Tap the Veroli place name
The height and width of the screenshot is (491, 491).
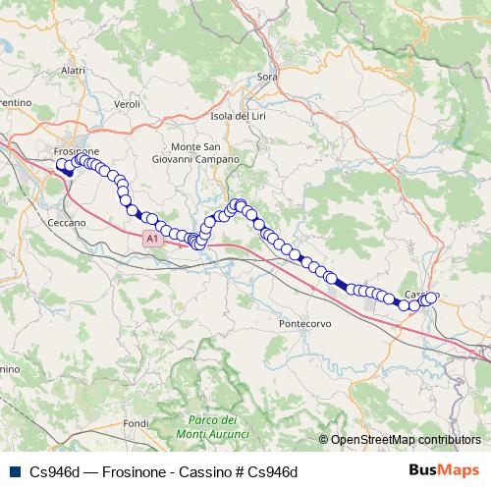[x=129, y=103]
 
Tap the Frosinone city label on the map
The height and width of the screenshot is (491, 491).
[x=76, y=151]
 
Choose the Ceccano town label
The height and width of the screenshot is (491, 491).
[x=67, y=223]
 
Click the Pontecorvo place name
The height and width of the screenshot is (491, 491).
[x=306, y=323]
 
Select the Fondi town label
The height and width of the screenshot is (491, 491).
[x=136, y=422]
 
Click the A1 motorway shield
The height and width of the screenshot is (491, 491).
[x=150, y=239]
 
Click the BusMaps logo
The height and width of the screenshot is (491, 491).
[x=443, y=471]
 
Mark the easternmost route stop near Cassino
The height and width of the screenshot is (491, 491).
[x=431, y=298]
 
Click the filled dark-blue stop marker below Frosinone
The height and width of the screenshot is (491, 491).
[x=69, y=172]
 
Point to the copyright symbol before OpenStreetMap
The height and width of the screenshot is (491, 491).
[x=323, y=440]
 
